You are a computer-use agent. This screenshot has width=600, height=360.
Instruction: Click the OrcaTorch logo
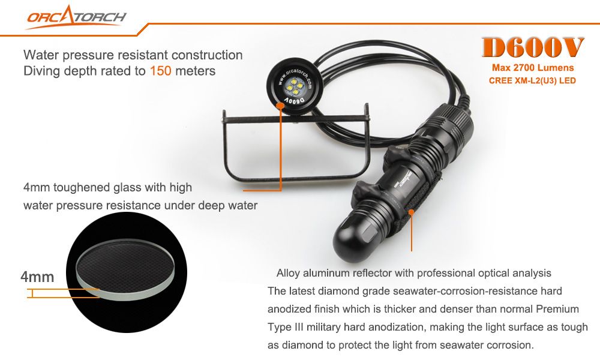click(x=76, y=17)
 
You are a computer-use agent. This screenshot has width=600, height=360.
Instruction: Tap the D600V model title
click(x=533, y=48)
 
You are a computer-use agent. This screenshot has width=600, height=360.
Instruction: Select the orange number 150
click(x=160, y=71)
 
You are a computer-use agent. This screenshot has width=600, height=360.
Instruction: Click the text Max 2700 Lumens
click(x=533, y=68)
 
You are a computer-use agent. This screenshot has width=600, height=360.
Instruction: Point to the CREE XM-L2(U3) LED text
click(x=532, y=81)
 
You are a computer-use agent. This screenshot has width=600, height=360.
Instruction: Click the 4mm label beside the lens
click(x=37, y=277)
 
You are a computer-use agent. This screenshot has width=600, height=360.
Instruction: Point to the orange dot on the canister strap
click(x=411, y=212)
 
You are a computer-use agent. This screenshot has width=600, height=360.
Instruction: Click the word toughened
click(x=82, y=187)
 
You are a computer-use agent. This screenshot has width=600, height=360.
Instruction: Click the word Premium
click(x=557, y=309)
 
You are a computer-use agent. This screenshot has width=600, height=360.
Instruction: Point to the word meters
click(x=195, y=71)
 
